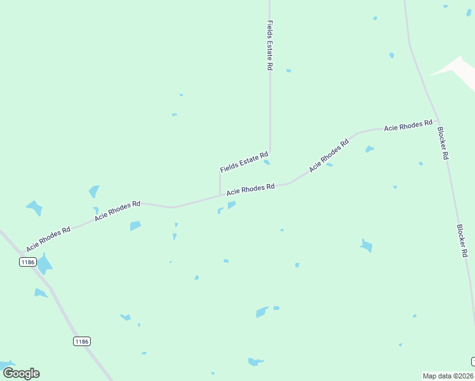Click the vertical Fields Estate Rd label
(270, 44)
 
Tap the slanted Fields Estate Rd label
(244, 162)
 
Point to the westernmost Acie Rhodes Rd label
(48, 238)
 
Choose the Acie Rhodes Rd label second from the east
(329, 155)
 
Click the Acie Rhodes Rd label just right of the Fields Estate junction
(251, 189)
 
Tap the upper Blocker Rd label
(443, 143)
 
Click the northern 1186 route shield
(27, 262)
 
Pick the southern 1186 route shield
(81, 341)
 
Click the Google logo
(21, 373)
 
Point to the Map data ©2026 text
(447, 376)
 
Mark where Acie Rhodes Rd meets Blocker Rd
(438, 119)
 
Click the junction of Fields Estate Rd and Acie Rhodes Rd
(220, 196)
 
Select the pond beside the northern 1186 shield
(44, 264)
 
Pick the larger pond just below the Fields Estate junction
(232, 204)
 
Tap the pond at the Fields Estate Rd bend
(267, 162)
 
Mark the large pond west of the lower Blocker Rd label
(366, 245)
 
